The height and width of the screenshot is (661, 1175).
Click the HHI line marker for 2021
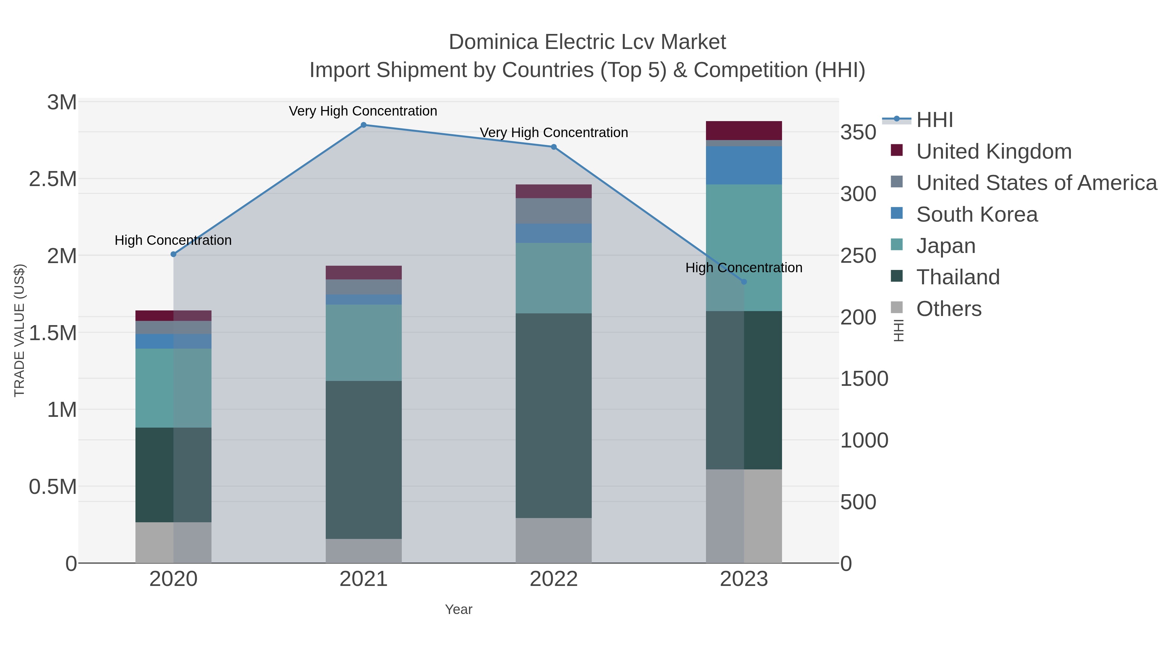pos(364,125)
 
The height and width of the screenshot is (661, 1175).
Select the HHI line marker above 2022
pos(554,147)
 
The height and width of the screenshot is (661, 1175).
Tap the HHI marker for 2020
pos(173,254)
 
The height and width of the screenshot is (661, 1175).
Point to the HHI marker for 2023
pos(744,282)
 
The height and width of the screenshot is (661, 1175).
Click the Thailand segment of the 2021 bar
pos(364,460)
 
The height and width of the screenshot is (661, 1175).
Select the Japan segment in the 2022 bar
pos(554,278)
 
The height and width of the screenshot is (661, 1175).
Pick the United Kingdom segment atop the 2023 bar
pos(744,131)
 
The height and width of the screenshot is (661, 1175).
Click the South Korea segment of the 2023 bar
pos(744,165)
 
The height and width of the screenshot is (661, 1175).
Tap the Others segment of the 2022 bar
pos(554,540)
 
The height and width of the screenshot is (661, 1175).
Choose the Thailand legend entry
pos(958,277)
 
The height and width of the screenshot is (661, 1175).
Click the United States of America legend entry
pos(1036,183)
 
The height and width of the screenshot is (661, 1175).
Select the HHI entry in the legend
pos(934,120)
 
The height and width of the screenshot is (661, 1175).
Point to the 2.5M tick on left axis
pos(53,179)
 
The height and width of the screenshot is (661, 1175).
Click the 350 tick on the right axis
pos(858,133)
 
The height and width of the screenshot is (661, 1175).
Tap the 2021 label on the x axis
pos(364,579)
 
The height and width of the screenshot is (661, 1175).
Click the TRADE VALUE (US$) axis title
pos(19,330)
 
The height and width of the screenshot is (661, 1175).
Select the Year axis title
pos(459,609)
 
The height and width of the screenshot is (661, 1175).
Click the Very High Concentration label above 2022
pos(554,133)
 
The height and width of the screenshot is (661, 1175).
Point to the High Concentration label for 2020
pos(173,240)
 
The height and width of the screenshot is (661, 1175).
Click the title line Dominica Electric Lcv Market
pos(587,42)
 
